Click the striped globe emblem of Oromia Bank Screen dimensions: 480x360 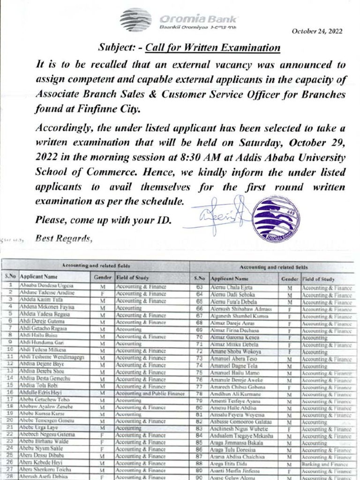click(x=135, y=20)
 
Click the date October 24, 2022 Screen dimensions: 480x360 click(x=317, y=31)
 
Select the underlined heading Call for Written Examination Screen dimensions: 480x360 click(x=213, y=48)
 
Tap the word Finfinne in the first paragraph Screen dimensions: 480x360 click(x=93, y=109)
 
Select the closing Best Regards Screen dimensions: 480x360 click(x=64, y=239)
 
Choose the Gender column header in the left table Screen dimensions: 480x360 click(x=103, y=277)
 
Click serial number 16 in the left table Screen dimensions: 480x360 click(x=10, y=392)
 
